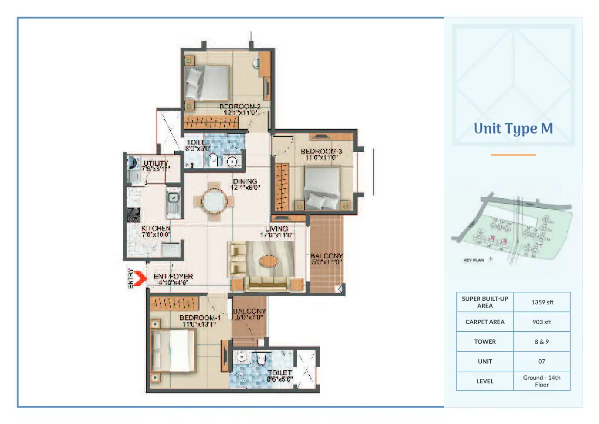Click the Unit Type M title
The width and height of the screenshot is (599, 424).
(513, 129)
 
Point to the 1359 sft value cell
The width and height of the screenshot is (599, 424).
(542, 302)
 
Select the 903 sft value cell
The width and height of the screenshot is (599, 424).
(542, 322)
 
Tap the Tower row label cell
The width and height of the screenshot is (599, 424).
(485, 342)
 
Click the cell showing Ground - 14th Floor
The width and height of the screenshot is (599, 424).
(542, 381)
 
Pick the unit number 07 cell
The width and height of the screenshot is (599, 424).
(542, 361)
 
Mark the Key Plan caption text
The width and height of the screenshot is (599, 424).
(473, 260)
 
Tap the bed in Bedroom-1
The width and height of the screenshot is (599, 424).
(173, 351)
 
